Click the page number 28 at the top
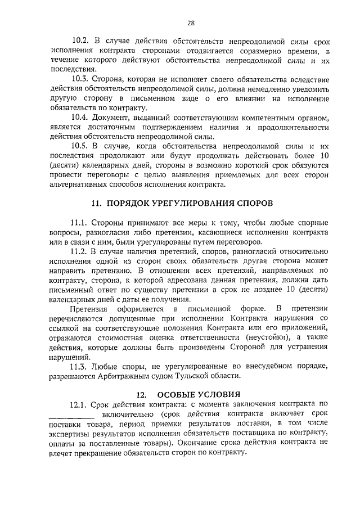[x=191, y=23]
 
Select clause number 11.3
[x=82, y=366]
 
